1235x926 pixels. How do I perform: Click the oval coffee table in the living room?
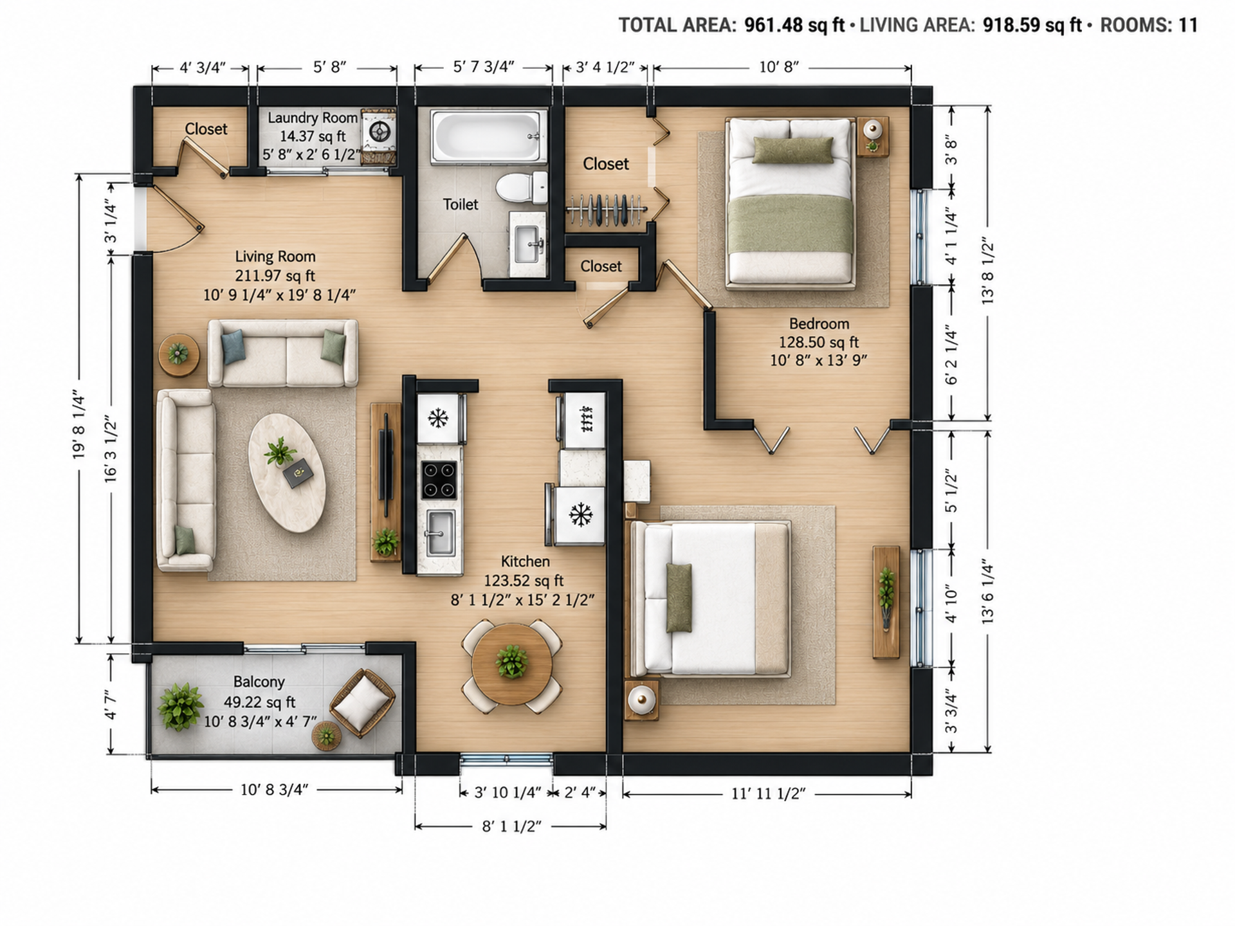coord(287,473)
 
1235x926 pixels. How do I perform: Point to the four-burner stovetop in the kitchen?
coord(439,480)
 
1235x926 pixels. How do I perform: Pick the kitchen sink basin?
coord(441,533)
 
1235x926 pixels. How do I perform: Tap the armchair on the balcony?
coord(362,702)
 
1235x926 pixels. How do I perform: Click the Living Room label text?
coord(275,257)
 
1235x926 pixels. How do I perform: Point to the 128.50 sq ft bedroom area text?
coord(819,342)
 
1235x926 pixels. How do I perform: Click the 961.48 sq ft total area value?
coord(794,25)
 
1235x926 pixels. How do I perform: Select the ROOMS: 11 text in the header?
coord(1149,25)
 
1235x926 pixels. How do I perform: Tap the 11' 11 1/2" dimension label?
coord(768,794)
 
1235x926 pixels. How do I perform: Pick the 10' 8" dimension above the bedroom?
coord(779,67)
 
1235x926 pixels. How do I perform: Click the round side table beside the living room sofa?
coord(179,354)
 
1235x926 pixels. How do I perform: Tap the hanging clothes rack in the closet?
coord(605,210)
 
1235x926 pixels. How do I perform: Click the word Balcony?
coord(259,682)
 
